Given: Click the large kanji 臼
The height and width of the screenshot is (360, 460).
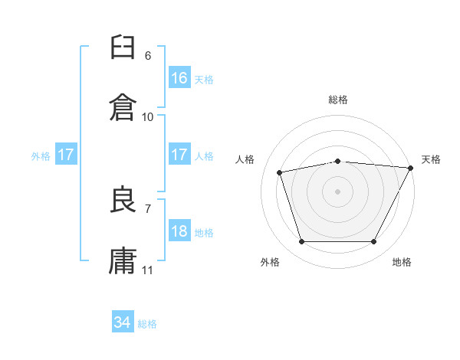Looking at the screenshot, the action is (x=123, y=47).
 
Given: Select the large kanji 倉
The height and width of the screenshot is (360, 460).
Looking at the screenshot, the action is (x=123, y=107).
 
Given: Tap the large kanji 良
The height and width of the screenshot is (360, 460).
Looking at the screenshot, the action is (x=123, y=199).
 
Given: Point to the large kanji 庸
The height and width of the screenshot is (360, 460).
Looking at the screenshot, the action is (x=123, y=260).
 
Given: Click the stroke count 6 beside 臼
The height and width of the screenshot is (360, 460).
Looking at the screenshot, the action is (x=148, y=56).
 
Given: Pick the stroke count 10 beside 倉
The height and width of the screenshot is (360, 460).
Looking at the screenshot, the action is (x=147, y=117).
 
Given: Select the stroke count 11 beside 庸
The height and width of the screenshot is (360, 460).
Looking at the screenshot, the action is (x=147, y=270).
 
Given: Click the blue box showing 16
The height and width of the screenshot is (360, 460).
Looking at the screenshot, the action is (x=179, y=77).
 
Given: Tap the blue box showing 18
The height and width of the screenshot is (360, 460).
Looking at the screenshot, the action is (x=179, y=230).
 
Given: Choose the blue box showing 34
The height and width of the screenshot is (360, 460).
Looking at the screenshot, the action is (x=123, y=321).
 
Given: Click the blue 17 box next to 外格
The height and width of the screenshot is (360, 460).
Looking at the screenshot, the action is (x=66, y=154).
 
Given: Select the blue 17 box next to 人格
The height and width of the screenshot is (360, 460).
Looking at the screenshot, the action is (x=179, y=154).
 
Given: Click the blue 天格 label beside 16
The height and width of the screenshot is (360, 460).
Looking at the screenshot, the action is (x=204, y=80).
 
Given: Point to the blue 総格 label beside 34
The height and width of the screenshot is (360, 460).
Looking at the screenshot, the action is (x=147, y=324).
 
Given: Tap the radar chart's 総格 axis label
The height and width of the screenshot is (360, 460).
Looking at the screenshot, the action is (x=338, y=100).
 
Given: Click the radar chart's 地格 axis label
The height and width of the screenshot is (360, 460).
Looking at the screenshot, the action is (x=402, y=262).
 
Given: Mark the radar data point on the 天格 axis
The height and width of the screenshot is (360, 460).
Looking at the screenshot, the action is (x=411, y=168).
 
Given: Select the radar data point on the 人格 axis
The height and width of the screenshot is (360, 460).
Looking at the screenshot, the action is (x=280, y=172).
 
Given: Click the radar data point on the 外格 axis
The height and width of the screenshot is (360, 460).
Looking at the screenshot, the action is (x=302, y=241).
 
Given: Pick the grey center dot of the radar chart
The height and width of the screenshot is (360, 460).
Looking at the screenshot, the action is (x=337, y=191).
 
